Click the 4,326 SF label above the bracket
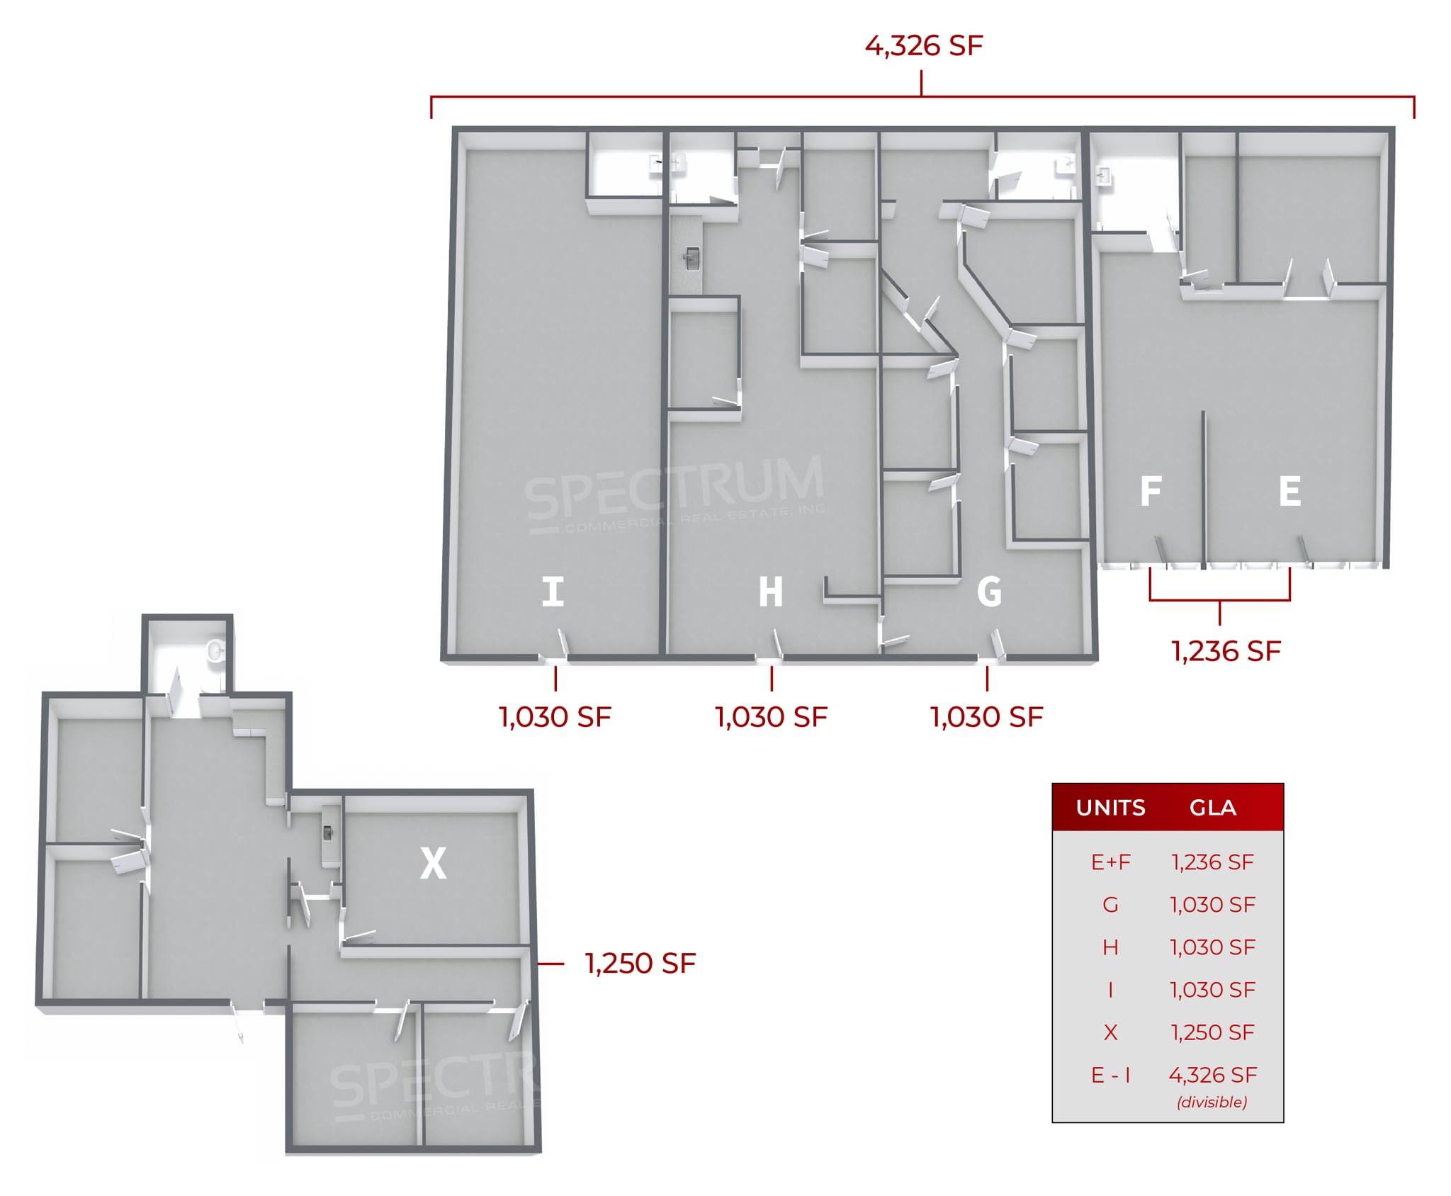coord(923,46)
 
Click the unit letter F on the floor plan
coord(1151,491)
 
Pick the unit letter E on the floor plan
coord(1289,491)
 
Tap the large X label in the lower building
coord(433,863)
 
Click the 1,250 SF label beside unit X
coord(640,964)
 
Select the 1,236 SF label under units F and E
coord(1226,651)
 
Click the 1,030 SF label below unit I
coord(555,717)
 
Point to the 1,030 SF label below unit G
coord(986,717)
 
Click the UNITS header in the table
coord(1110,808)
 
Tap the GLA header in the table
coord(1212,808)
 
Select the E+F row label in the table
coord(1110,862)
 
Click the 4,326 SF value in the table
coord(1212,1075)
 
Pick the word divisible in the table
coord(1212,1102)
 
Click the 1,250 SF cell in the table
coord(1212,1032)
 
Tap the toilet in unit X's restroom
coord(215,650)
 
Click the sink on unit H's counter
coord(691,259)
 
